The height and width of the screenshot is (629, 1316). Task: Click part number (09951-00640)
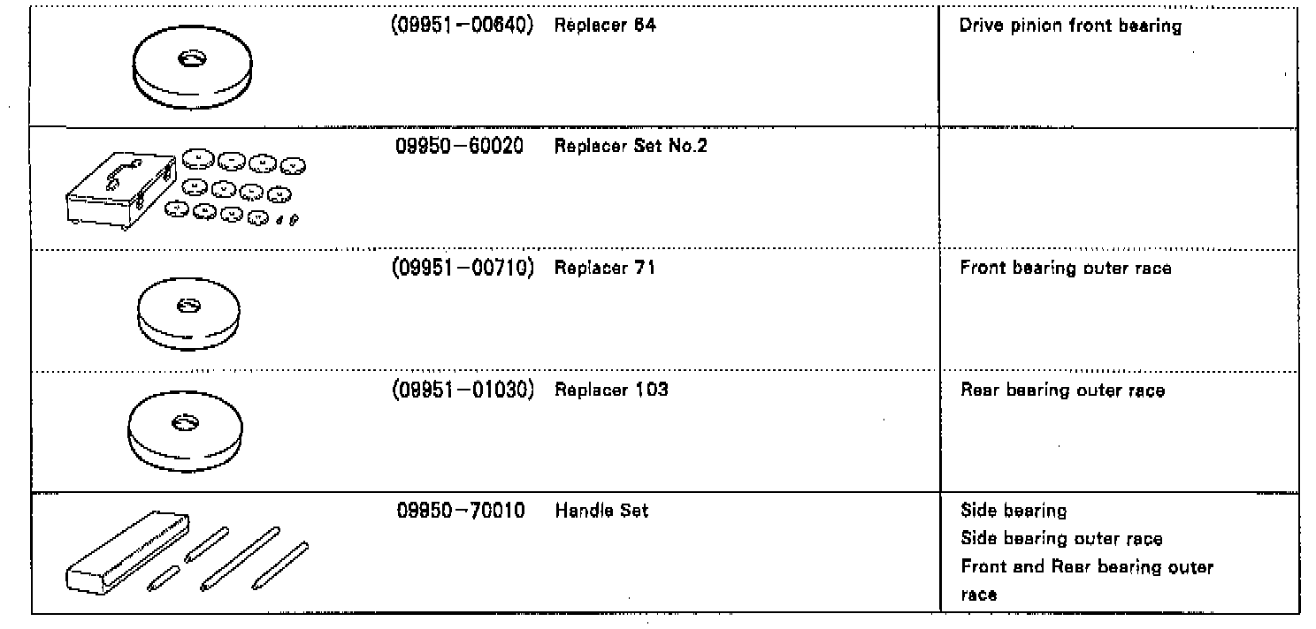click(x=462, y=26)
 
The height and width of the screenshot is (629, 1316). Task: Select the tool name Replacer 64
click(x=605, y=26)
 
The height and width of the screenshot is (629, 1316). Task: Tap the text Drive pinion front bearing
click(x=1070, y=27)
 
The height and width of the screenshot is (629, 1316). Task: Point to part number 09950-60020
click(x=459, y=147)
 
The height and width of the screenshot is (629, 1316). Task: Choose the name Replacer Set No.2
click(x=631, y=147)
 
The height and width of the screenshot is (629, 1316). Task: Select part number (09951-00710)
click(x=462, y=268)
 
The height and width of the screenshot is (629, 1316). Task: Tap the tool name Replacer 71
click(x=604, y=268)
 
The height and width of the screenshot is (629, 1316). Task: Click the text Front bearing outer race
click(x=1066, y=269)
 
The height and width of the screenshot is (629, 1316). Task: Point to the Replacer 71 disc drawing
click(x=188, y=319)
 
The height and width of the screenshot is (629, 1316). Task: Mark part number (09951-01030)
click(x=462, y=390)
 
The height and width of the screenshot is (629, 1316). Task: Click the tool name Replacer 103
click(x=610, y=390)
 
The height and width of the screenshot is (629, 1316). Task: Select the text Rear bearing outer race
click(x=1062, y=390)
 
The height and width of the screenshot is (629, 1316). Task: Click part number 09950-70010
click(x=460, y=511)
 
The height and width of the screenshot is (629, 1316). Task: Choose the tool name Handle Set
click(x=601, y=511)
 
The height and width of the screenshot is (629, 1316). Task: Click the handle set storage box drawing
click(x=124, y=551)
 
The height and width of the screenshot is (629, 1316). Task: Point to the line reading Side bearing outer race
click(x=1061, y=539)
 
